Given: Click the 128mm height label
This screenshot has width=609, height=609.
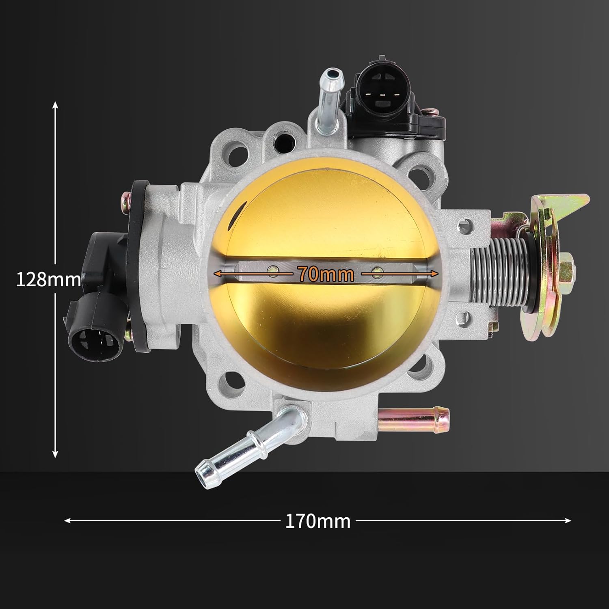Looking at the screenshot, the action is tap(48, 279).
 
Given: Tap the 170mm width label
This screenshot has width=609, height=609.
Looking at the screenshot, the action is tap(317, 521).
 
